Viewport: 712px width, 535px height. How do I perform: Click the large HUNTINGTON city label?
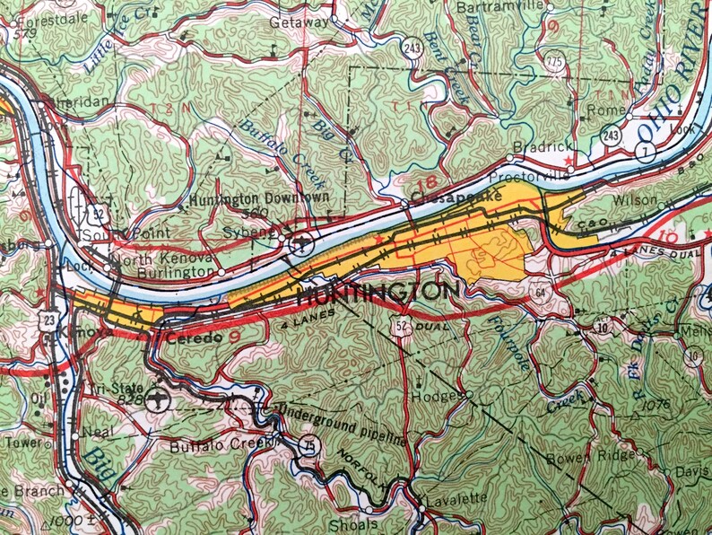pos(376,293)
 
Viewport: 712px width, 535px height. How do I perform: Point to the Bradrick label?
pos(537,146)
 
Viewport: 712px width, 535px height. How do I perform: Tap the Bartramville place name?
pos(500,7)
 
